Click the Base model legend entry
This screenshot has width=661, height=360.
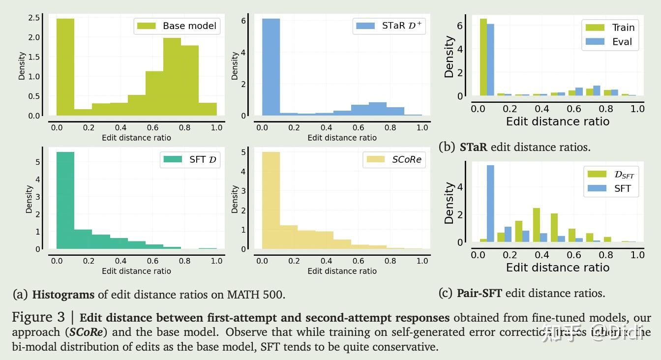click(x=177, y=26)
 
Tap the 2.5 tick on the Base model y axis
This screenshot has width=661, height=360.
click(x=34, y=18)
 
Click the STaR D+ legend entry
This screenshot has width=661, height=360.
click(x=389, y=26)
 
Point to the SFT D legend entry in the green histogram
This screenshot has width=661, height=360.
click(x=190, y=159)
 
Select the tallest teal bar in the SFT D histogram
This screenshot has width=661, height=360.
click(x=65, y=201)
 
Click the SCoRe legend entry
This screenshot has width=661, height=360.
click(x=393, y=159)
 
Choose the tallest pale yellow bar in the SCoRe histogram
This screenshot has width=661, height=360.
click(x=271, y=201)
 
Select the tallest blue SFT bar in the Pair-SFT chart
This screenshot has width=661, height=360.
click(x=490, y=204)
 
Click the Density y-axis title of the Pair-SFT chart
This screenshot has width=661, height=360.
click(x=449, y=203)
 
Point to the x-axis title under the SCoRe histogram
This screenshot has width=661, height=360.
click(x=342, y=271)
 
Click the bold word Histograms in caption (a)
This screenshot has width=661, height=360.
click(x=63, y=295)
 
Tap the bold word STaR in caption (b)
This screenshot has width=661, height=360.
click(x=473, y=147)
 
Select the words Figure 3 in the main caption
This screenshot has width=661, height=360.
click(x=39, y=317)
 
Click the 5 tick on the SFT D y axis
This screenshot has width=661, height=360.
click(x=38, y=162)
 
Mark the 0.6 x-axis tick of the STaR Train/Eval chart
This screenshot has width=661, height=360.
click(x=573, y=109)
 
